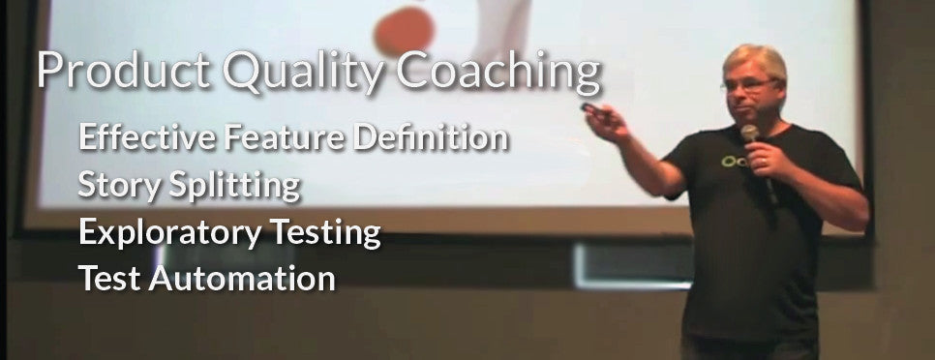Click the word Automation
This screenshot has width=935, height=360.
(245, 280)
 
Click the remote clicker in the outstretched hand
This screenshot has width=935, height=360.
(588, 106)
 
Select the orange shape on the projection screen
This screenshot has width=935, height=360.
(402, 30)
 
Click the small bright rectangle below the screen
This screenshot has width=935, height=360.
(620, 264)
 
